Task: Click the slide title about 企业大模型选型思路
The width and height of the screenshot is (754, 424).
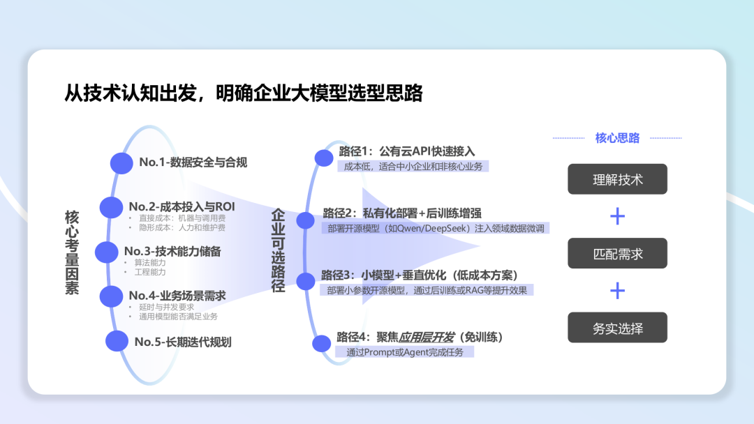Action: (244, 93)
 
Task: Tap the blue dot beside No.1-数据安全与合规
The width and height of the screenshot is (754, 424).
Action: (121, 162)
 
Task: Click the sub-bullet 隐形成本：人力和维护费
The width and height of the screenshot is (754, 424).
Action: (182, 227)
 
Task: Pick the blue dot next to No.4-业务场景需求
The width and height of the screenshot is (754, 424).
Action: (111, 296)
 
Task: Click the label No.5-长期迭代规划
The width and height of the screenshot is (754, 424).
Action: (183, 342)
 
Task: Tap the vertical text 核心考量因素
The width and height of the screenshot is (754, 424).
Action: (72, 252)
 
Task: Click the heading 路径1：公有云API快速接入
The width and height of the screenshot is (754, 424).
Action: (407, 151)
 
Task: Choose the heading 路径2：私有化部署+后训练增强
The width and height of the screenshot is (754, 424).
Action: (402, 213)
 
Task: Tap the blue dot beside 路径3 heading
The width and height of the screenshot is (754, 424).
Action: (306, 282)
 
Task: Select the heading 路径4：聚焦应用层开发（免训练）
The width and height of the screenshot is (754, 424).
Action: (420, 337)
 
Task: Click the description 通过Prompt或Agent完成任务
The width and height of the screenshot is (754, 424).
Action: (410, 352)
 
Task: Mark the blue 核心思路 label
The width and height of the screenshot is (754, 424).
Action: (617, 138)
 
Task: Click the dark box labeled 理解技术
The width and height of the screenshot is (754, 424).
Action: (617, 179)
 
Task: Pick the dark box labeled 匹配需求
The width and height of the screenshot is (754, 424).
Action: (617, 253)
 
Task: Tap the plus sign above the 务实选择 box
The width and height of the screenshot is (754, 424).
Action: (617, 290)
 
